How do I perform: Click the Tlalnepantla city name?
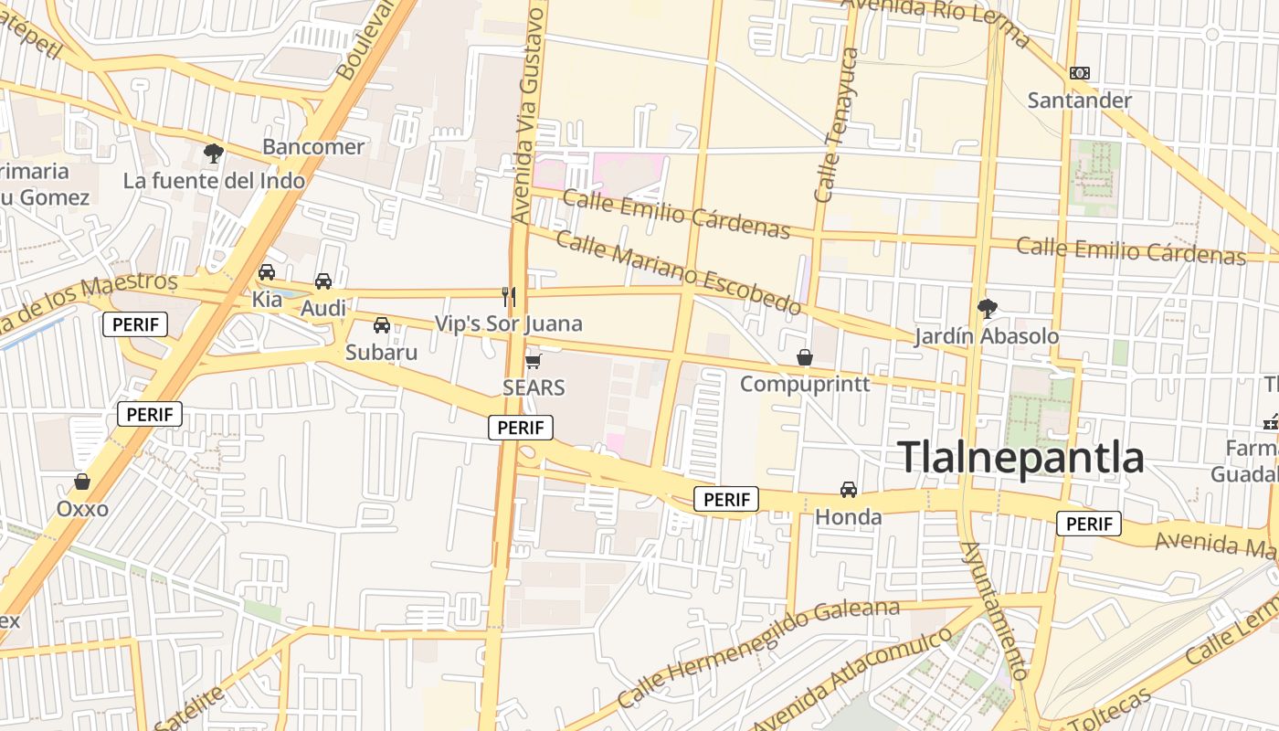pos(1021,457)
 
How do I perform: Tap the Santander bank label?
pos(1079,100)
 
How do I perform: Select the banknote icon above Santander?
pos(1080,73)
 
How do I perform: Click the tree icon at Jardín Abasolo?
pos(987,309)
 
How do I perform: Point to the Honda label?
pos(848,517)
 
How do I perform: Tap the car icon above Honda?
pos(849,490)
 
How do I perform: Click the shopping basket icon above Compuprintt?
pos(805,357)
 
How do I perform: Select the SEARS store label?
pos(534,387)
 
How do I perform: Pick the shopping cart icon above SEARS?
pos(534,361)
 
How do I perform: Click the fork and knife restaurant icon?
pos(509,296)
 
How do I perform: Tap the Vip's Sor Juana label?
pos(508,323)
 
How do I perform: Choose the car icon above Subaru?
pos(382,325)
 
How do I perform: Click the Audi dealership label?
pos(323,308)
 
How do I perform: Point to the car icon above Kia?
pos(267,272)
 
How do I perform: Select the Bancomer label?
pos(313,146)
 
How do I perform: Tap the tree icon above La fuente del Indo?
pos(214,154)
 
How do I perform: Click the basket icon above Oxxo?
pos(82,482)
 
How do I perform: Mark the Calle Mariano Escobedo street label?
pos(678,273)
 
